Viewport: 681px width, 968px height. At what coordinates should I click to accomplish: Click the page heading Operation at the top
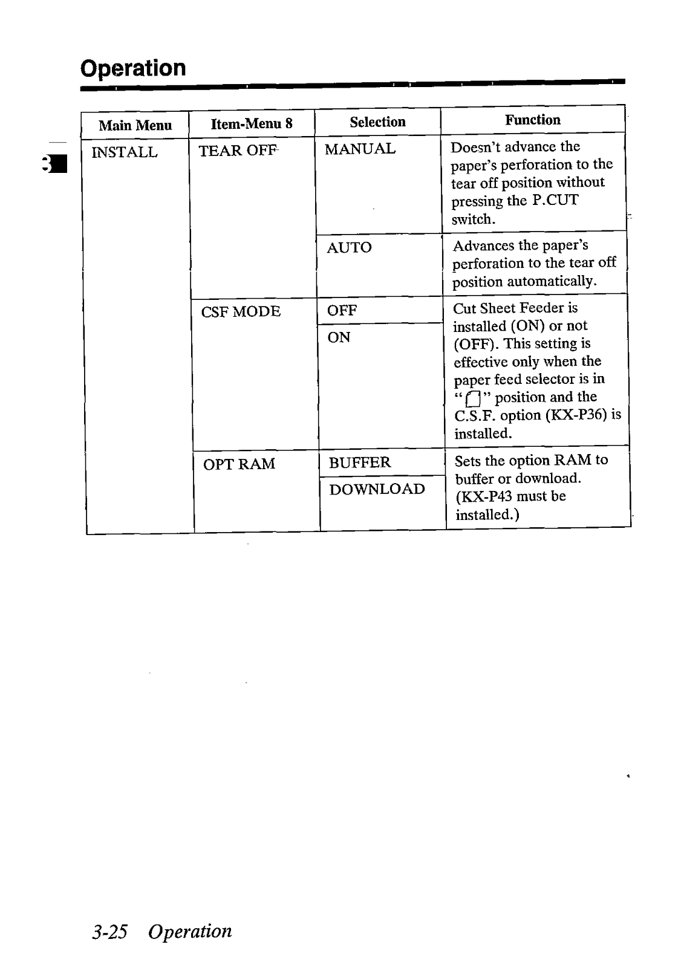[x=133, y=68]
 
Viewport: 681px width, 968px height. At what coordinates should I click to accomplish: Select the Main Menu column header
[x=135, y=125]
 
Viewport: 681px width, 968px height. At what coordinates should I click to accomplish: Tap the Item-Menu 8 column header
[x=251, y=124]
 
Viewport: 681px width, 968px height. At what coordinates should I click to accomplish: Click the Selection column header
[x=377, y=122]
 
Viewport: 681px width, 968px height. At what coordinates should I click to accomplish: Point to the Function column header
[x=532, y=120]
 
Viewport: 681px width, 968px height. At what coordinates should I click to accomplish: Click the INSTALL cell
[x=124, y=152]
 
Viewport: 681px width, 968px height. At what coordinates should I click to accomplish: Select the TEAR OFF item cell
[x=238, y=151]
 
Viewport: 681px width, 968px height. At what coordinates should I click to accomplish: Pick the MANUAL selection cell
[x=360, y=149]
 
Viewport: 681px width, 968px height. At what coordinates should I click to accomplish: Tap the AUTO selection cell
[x=349, y=247]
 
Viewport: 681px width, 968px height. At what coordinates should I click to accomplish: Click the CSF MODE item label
[x=241, y=312]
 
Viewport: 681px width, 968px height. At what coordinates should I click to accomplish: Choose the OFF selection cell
[x=342, y=311]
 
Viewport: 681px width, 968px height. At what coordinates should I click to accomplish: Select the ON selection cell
[x=339, y=337]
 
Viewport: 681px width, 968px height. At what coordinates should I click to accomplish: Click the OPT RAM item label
[x=239, y=464]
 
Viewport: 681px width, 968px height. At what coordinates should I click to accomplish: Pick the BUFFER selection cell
[x=360, y=463]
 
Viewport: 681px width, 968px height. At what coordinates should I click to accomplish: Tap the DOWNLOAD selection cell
[x=377, y=489]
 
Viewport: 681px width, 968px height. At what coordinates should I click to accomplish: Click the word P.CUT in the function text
[x=555, y=201]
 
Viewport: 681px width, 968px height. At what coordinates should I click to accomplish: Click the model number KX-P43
[x=485, y=496]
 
